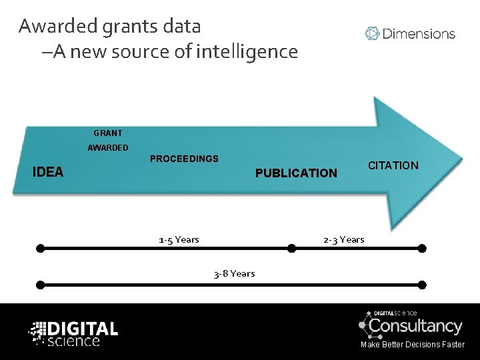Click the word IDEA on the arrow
[49, 172]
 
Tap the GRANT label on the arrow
[107, 133]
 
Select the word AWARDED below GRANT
[108, 148]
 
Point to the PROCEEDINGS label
[184, 159]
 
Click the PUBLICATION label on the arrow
[297, 173]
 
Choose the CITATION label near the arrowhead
[393, 165]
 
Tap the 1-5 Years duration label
[179, 239]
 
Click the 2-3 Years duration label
[343, 239]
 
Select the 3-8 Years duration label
[234, 273]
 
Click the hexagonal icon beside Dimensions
[372, 33]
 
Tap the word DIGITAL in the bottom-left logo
[83, 328]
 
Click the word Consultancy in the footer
[415, 326]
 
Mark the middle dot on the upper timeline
[291, 249]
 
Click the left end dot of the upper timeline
[41, 249]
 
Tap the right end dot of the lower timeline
[421, 284]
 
